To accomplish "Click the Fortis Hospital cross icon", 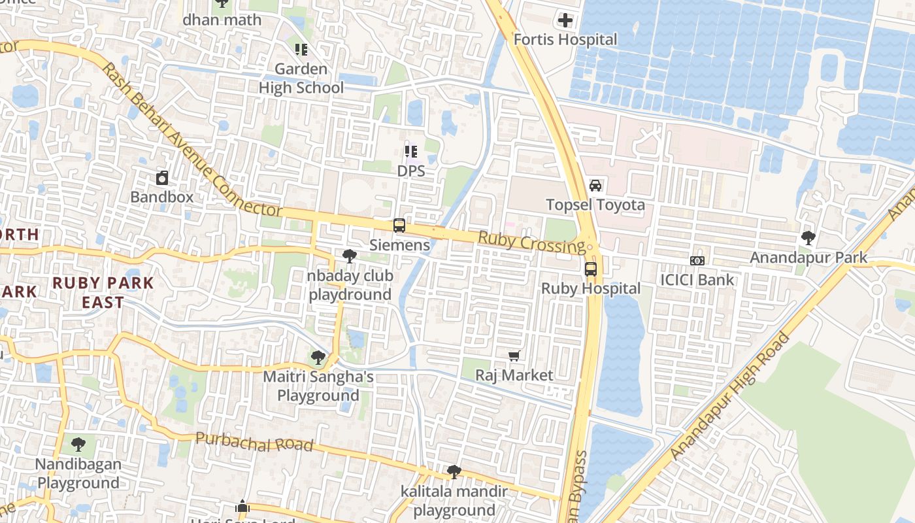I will tap(565, 20).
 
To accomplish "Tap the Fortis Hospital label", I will tap(565, 40).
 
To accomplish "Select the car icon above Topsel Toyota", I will tap(595, 186).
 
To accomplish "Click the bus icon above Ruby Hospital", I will tap(590, 269).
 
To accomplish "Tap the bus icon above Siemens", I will tap(399, 226).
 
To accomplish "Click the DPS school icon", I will tap(410, 152).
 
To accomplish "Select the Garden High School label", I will tap(301, 78).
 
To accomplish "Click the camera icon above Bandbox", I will tap(161, 177).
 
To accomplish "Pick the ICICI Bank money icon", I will tap(697, 261).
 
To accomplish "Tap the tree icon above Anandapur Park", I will tap(808, 238).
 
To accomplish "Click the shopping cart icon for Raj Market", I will tap(514, 356).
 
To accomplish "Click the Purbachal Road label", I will tap(254, 443).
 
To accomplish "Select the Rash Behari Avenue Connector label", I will tap(192, 141).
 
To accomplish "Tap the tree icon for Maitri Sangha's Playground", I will tap(318, 358).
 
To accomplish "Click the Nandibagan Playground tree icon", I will tap(78, 445).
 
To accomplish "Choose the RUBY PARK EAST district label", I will tap(103, 292).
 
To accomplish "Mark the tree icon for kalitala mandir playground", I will tap(454, 472).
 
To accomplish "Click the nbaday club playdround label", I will tap(350, 285).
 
